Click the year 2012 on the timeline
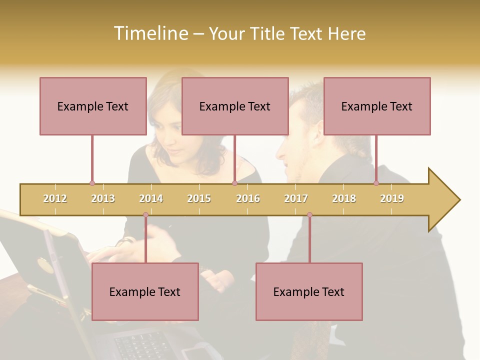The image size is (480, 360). [x=55, y=198]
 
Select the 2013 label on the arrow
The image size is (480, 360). [x=103, y=198]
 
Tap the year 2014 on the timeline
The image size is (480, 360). [x=151, y=198]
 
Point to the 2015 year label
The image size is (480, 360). [x=199, y=198]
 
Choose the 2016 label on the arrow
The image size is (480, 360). [x=248, y=198]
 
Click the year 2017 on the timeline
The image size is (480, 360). [x=296, y=198]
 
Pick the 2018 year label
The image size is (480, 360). [x=344, y=198]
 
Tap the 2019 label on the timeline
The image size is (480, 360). [x=392, y=198]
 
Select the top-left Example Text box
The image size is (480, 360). [x=93, y=106]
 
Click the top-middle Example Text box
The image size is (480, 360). [x=235, y=106]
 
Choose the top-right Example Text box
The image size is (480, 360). [x=377, y=106]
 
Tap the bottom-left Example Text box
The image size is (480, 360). [x=145, y=291]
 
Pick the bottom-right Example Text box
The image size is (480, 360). [x=309, y=291]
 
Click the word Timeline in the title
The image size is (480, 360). [x=150, y=33]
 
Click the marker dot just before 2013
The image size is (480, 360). [x=92, y=183]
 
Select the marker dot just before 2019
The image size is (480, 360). [x=376, y=183]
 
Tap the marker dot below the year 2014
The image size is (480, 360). [x=145, y=215]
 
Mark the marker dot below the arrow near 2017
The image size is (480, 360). [x=309, y=215]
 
